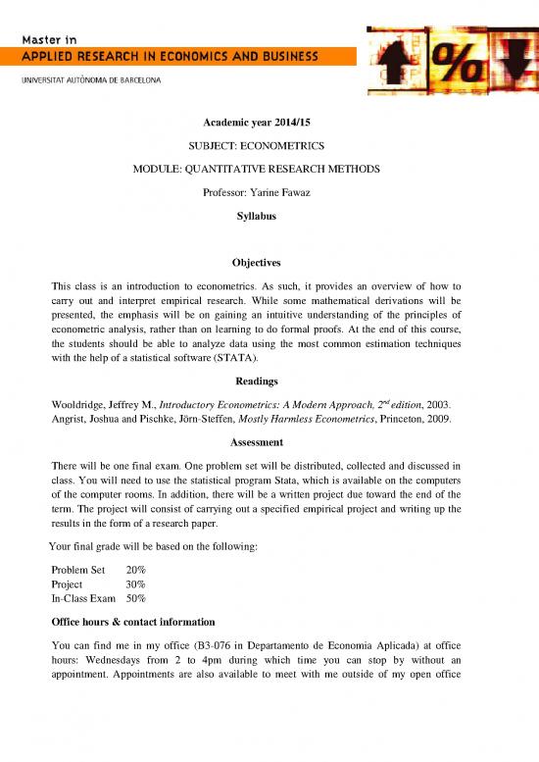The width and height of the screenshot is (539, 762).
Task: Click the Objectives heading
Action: (269, 263)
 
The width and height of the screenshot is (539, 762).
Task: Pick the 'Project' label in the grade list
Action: (68, 584)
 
